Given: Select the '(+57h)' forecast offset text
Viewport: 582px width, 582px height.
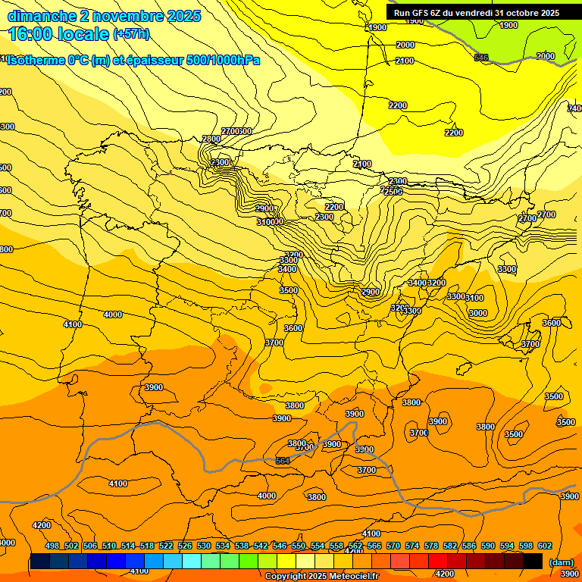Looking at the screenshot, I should (x=132, y=34).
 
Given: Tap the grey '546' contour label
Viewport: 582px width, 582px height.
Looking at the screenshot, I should (x=481, y=58).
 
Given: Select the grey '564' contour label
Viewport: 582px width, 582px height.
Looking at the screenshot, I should (x=283, y=461).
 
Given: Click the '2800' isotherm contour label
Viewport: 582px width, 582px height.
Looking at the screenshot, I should (x=211, y=139).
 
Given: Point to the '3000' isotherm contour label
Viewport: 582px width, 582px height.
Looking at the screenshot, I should (x=477, y=313).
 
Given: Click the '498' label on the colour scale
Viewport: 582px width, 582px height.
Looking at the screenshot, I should (x=52, y=546).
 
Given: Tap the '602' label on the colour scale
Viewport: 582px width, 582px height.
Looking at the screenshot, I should (x=545, y=546).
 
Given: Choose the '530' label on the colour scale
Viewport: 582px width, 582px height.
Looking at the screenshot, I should (x=204, y=546).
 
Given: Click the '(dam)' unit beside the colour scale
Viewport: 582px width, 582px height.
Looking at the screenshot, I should (x=561, y=562).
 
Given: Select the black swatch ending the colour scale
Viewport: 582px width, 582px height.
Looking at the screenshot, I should (x=533, y=562).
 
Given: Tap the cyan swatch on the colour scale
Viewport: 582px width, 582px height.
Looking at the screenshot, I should (x=192, y=562).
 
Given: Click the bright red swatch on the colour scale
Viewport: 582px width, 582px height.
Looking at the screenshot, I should (x=438, y=562).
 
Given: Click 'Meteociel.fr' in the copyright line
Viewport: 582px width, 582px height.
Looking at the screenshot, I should (x=350, y=577).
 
